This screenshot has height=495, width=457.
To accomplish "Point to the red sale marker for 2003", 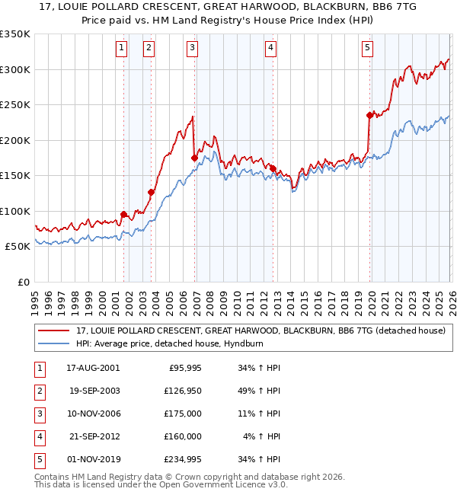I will tap(151, 193).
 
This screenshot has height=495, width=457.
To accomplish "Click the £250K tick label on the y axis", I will tap(15, 105).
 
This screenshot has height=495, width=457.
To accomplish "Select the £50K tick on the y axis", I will tap(18, 247).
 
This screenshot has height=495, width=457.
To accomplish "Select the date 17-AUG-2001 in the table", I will tap(94, 368).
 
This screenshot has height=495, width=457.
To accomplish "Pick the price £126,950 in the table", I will tap(181, 391).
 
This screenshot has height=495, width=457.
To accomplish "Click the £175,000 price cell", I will tap(181, 414).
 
